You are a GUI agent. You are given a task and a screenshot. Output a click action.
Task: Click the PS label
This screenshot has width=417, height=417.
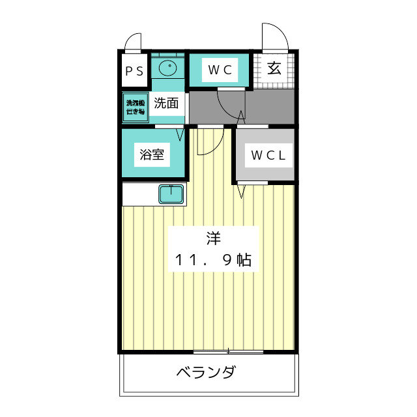(x=135, y=71)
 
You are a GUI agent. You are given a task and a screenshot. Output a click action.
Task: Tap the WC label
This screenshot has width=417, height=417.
(x=220, y=70)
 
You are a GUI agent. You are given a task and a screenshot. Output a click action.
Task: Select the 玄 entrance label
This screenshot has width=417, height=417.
(x=274, y=69)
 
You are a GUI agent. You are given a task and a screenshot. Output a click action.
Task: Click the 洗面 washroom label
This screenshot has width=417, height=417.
(x=166, y=102)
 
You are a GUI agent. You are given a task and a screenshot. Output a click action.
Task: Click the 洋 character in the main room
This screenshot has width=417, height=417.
(x=213, y=238)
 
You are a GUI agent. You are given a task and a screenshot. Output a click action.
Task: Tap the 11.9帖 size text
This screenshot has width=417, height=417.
(x=213, y=260)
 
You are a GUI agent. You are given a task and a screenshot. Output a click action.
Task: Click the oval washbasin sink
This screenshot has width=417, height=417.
(x=168, y=67)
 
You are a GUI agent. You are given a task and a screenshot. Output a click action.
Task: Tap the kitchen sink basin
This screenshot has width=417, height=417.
(x=172, y=194)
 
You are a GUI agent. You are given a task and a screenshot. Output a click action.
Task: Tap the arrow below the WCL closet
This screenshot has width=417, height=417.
(x=241, y=191)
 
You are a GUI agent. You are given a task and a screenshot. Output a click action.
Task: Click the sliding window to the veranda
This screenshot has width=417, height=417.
(x=228, y=352)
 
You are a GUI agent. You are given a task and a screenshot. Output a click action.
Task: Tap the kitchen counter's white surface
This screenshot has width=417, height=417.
(x=140, y=194)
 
